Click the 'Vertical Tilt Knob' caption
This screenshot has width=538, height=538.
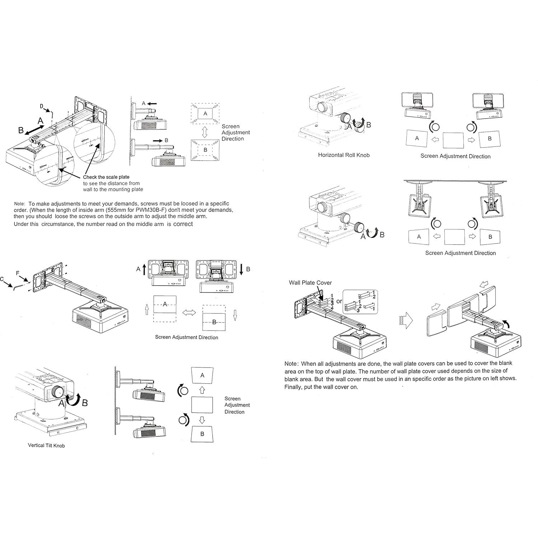[46, 445]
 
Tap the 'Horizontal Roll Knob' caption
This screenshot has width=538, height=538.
[343, 155]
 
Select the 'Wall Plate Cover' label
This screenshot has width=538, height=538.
[310, 282]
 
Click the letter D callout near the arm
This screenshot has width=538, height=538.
[41, 106]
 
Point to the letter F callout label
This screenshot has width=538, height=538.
[18, 273]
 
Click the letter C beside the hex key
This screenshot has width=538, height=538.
[2, 279]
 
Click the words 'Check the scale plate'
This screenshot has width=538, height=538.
[106, 177]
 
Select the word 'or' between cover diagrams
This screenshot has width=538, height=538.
[339, 301]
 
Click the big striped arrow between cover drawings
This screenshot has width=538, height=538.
[406, 319]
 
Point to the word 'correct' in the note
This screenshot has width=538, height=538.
[183, 224]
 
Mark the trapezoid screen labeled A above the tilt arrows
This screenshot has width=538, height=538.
[202, 375]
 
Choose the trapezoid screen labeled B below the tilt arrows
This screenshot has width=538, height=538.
[202, 434]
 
